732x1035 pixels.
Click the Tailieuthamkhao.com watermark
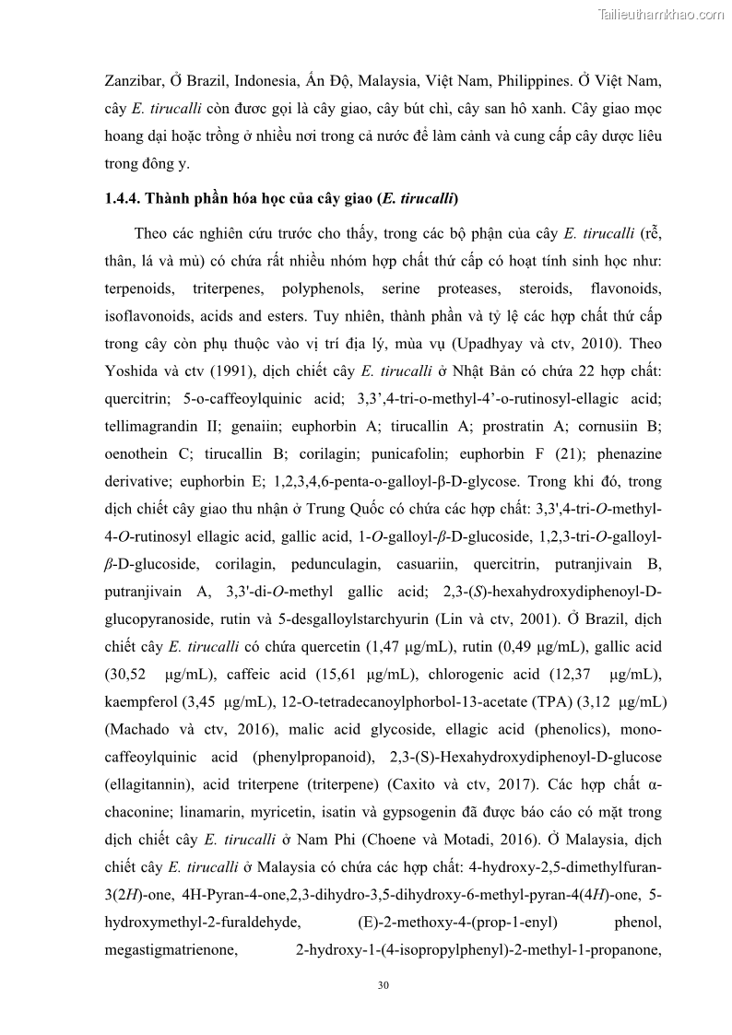(661, 14)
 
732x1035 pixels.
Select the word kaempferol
(143, 701)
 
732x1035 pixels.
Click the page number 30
(384, 985)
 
